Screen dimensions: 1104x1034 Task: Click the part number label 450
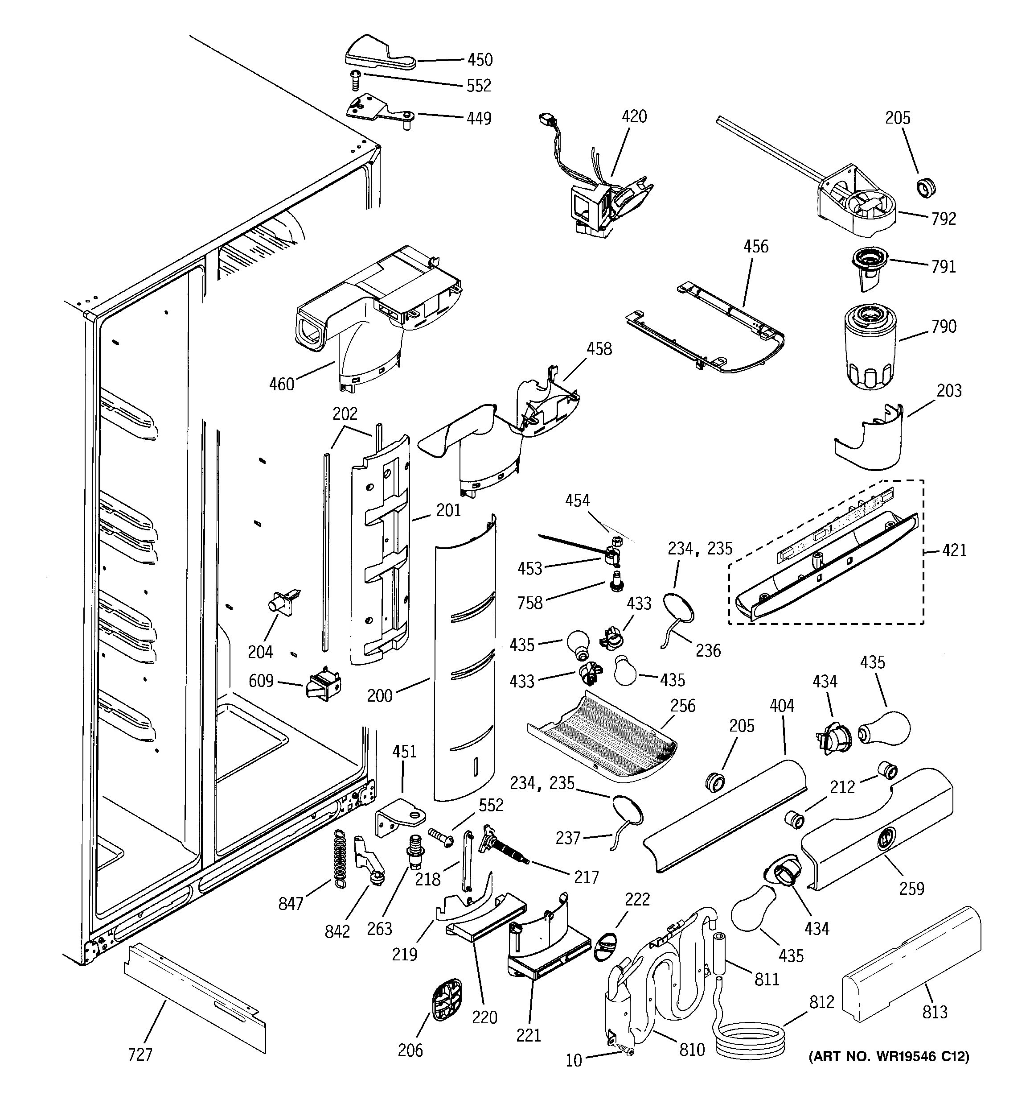[x=480, y=59]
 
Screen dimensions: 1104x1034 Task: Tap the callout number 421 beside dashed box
[x=954, y=550]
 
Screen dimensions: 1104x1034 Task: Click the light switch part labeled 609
[x=323, y=686]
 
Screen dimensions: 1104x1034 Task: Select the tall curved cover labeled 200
[x=465, y=661]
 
